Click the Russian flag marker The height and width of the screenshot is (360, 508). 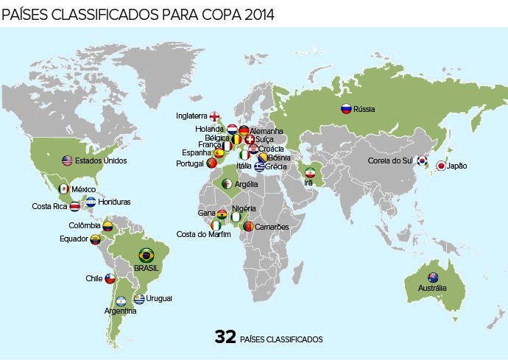coord(345,109)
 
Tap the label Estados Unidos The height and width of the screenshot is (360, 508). coord(101,160)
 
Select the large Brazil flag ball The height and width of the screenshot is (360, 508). coord(147,255)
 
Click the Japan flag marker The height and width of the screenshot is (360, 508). coord(441,166)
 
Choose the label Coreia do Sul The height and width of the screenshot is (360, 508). coord(390,160)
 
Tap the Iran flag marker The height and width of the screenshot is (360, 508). coord(310,172)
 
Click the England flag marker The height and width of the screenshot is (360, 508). coord(214,116)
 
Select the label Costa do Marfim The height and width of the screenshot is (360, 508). coord(204,234)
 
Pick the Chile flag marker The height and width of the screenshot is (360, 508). coord(110,279)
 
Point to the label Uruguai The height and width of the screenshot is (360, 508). coord(160,298)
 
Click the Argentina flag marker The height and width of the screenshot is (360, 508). coord(120,300)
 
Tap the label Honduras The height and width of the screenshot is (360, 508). coord(114,202)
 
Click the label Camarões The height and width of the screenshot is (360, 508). coord(272,227)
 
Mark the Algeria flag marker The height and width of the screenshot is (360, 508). coord(227,183)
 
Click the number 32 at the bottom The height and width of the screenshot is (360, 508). coord(225,337)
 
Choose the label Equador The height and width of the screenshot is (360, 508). coord(74,239)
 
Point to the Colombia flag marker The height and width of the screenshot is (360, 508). coord(107,225)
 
